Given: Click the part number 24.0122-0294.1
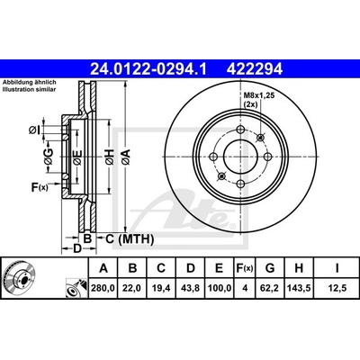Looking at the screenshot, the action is click(148, 69).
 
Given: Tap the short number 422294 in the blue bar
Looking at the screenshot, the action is click(255, 69).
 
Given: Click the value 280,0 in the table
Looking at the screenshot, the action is click(103, 288).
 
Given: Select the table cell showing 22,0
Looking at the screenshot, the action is click(132, 288).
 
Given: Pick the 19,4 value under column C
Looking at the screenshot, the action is click(161, 288).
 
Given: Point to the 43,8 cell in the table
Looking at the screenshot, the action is click(191, 288).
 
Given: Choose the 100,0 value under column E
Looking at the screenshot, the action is click(220, 288).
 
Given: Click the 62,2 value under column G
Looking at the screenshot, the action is click(270, 288).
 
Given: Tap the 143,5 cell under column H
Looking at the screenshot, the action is click(299, 288).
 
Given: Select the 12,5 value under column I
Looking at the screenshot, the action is click(337, 288).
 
